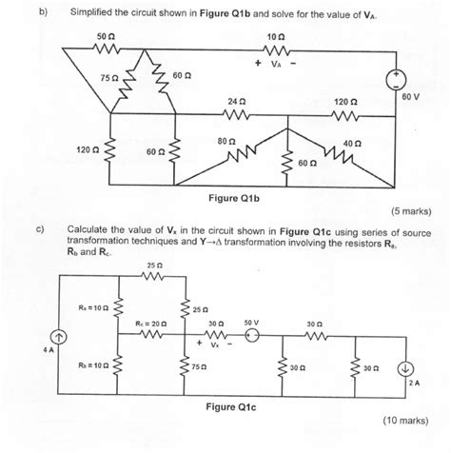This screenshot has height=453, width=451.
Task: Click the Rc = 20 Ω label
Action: coord(151,323)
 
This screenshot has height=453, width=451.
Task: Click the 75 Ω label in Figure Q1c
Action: coord(198,366)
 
